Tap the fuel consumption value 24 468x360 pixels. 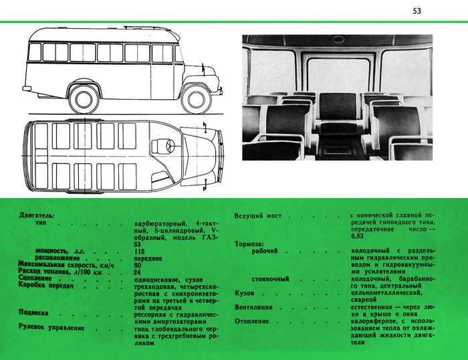click(138, 272)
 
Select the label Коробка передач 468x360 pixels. click(45, 286)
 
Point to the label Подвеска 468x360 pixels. click(35, 313)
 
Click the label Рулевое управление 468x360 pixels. click(51, 328)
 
